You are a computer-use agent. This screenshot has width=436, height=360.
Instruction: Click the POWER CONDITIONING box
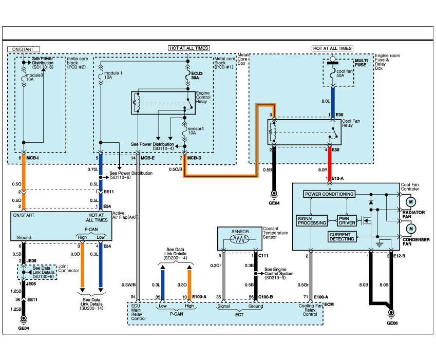click(x=329, y=194)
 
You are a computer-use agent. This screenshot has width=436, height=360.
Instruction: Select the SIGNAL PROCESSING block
click(x=312, y=220)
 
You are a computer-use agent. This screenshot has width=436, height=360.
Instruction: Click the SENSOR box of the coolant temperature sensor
click(x=240, y=232)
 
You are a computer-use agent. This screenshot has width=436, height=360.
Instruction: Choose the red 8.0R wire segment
click(x=330, y=164)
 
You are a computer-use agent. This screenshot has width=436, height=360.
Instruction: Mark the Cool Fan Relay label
click(x=355, y=123)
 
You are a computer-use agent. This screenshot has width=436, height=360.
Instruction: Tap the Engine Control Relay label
click(x=205, y=95)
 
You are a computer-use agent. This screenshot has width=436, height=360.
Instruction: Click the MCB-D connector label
click(x=194, y=158)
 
